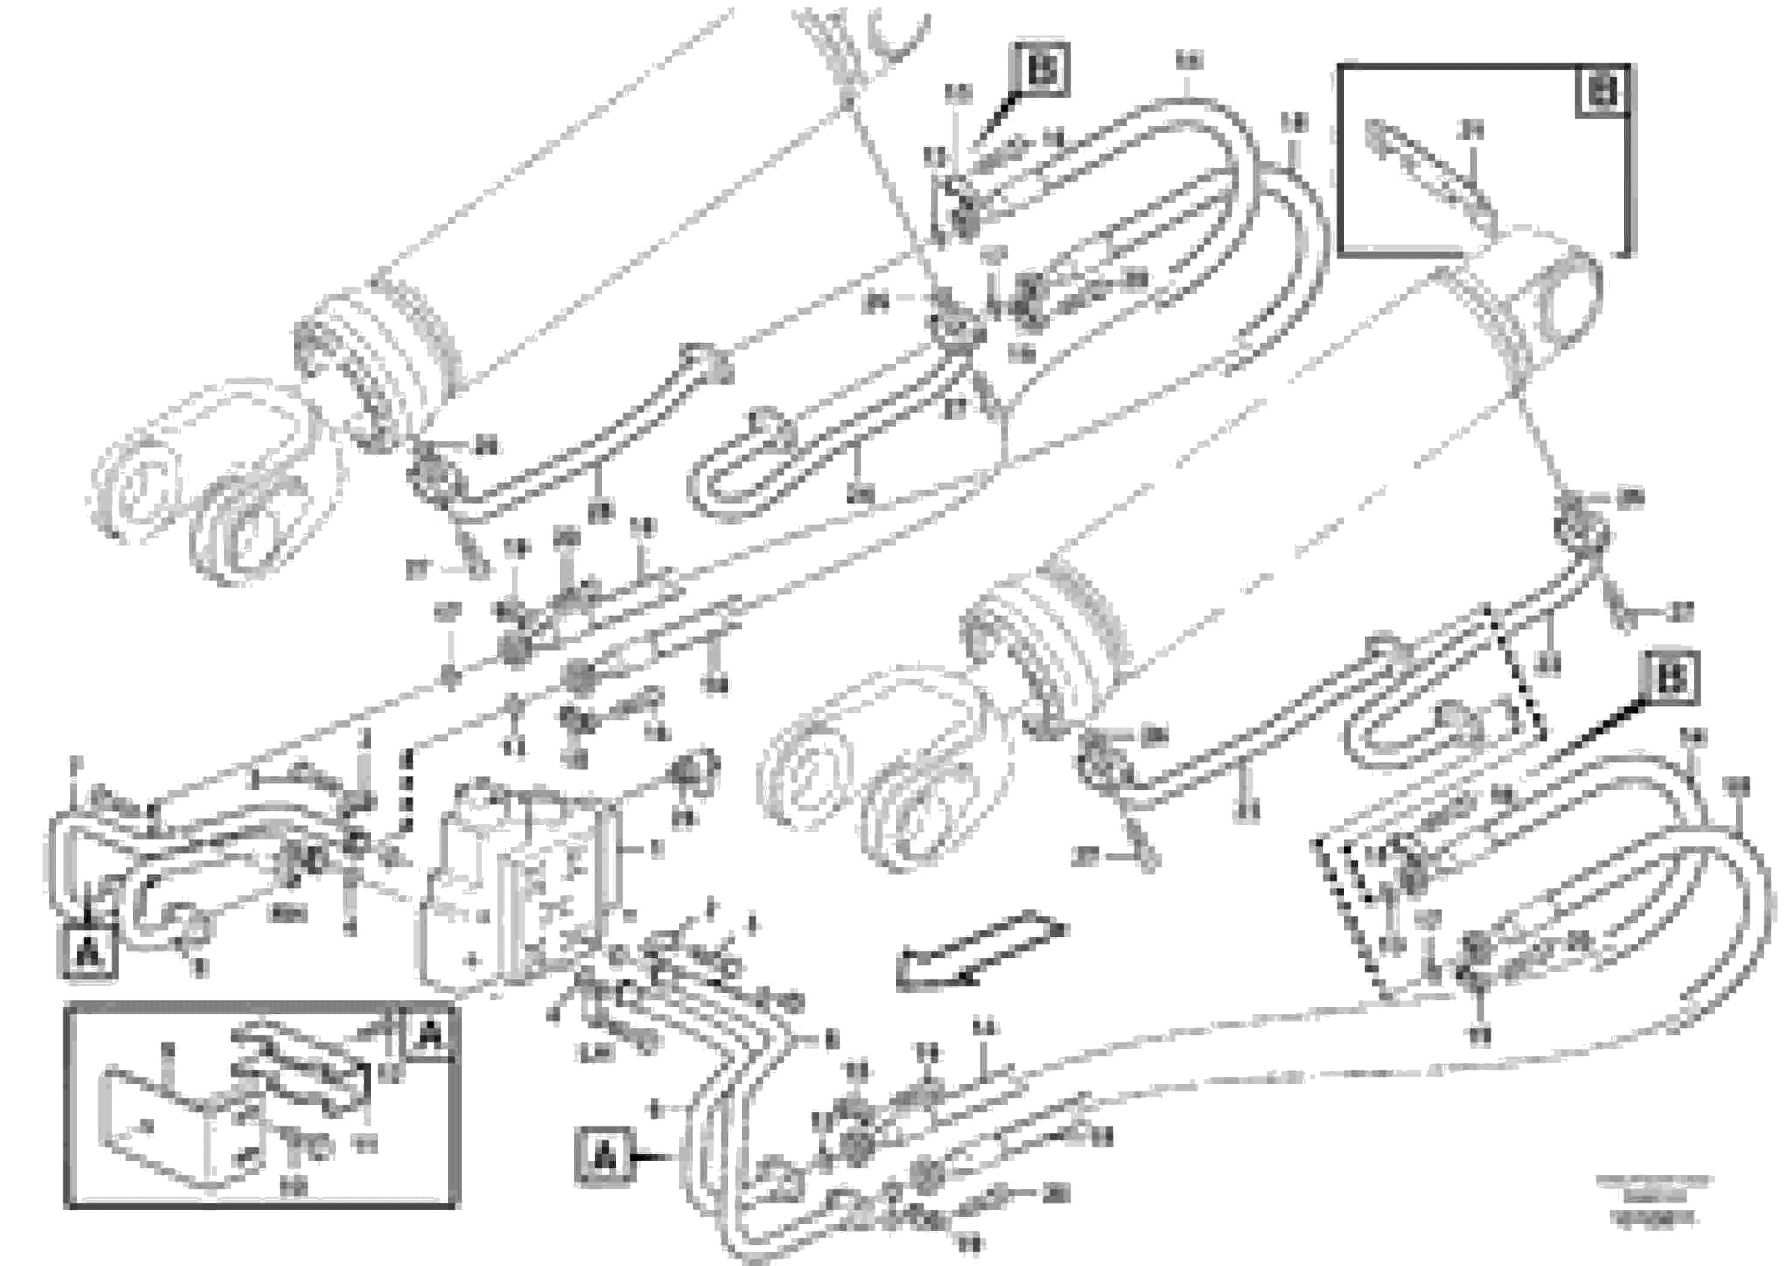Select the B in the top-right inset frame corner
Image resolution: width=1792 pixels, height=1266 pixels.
tap(1602, 92)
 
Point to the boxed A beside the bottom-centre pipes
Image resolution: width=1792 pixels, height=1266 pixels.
tap(604, 1158)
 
